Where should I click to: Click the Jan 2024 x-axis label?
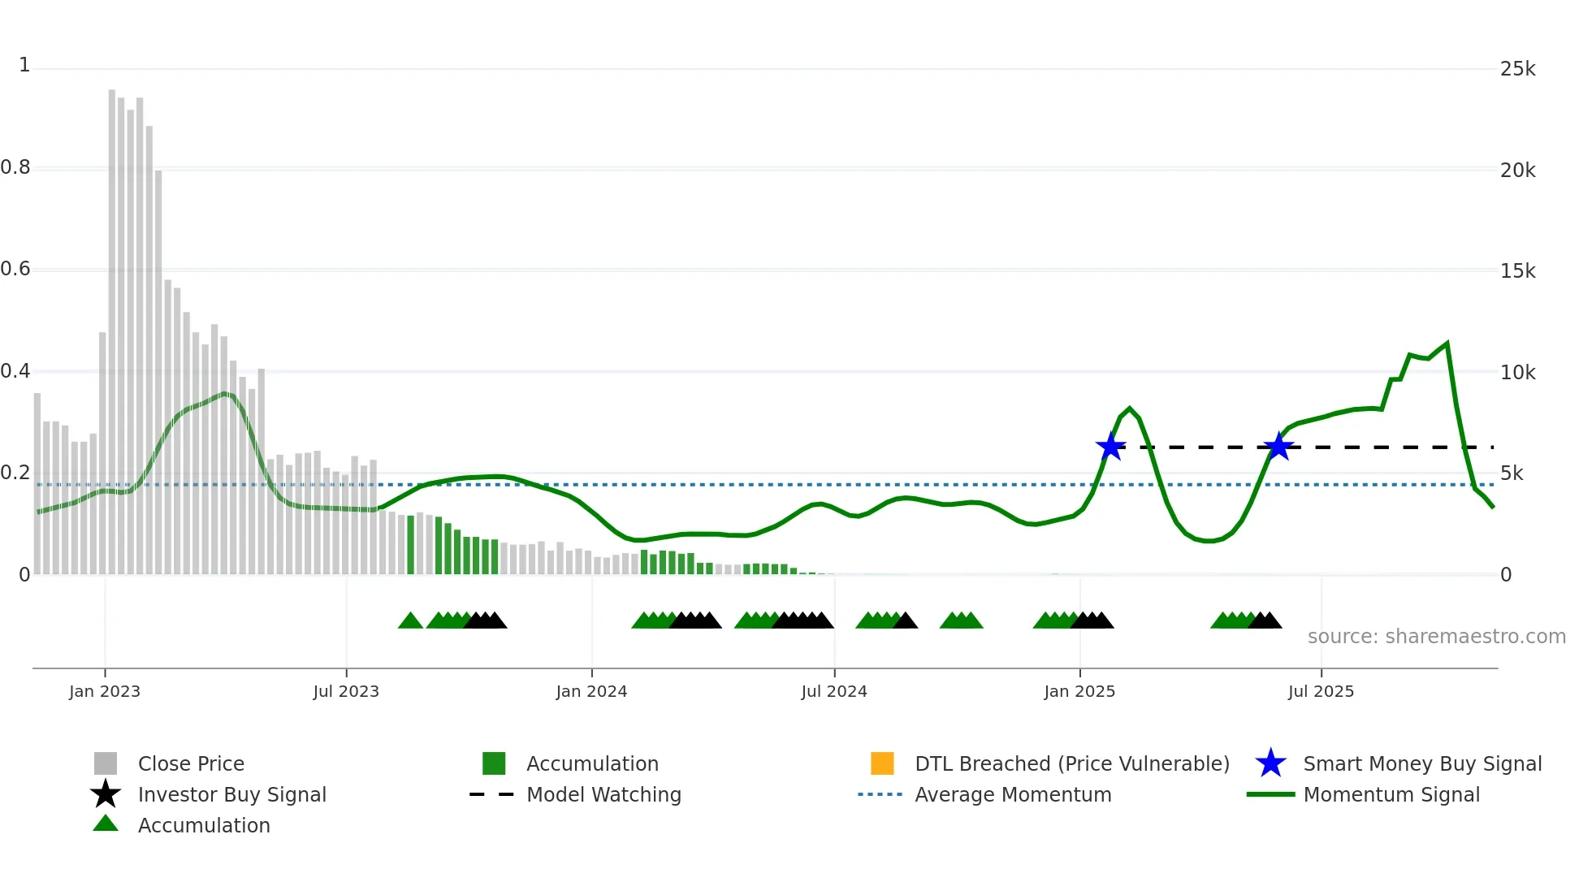click(x=591, y=691)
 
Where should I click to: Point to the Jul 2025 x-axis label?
click(x=1321, y=691)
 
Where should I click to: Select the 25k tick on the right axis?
click(x=1517, y=69)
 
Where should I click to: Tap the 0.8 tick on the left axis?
click(x=16, y=168)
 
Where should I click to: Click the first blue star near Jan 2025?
click(x=1110, y=447)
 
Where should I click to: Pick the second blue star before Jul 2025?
click(x=1278, y=447)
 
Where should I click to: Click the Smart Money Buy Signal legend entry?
click(x=1421, y=763)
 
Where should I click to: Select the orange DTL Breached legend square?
click(x=882, y=763)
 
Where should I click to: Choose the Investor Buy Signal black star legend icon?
click(x=106, y=794)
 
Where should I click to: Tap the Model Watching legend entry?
click(x=603, y=794)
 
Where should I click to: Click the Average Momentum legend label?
click(x=1013, y=794)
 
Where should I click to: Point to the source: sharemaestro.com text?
click(x=1436, y=637)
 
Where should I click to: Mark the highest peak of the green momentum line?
click(x=1447, y=344)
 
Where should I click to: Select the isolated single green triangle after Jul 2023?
click(x=410, y=621)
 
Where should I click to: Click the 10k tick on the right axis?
click(x=1517, y=373)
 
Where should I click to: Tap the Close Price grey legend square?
click(x=106, y=763)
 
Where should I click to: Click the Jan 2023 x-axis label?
click(x=105, y=691)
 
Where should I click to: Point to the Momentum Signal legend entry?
click(x=1391, y=794)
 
